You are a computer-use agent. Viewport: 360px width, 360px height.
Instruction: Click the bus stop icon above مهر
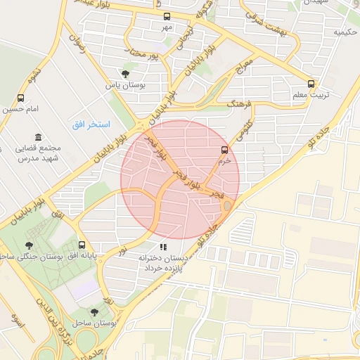[167, 16]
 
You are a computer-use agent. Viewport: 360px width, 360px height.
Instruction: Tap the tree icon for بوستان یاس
[125, 73]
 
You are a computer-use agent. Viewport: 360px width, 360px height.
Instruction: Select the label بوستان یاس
[124, 85]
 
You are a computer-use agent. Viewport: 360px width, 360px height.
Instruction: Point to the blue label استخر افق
[91, 124]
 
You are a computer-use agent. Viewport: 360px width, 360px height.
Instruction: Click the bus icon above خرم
[224, 150]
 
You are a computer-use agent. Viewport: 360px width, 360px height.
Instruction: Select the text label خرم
[224, 160]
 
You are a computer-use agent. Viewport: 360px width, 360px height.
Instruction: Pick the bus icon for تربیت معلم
[311, 83]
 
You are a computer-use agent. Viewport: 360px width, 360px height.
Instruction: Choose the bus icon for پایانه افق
[83, 245]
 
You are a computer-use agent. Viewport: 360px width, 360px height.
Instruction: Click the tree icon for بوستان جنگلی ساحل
[29, 245]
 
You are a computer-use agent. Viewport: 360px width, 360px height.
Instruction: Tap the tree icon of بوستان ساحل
[95, 311]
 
